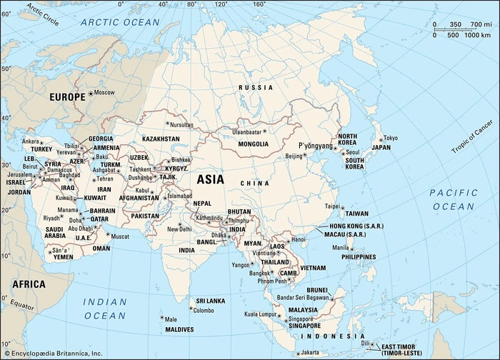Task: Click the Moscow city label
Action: tap(104, 93)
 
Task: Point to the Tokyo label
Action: tap(390, 138)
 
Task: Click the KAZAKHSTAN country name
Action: tap(161, 138)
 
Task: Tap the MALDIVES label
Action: tap(179, 329)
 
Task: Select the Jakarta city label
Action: tap(309, 352)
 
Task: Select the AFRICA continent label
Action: tap(29, 284)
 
